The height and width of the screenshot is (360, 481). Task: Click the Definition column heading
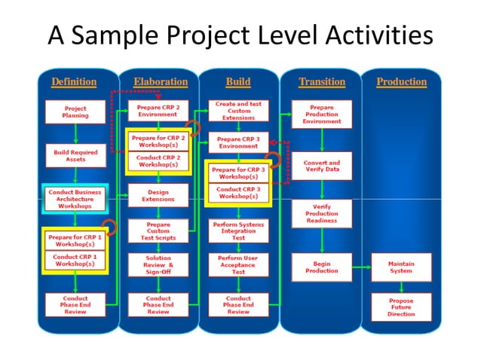click(x=74, y=81)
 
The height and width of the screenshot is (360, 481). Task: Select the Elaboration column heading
click(x=161, y=81)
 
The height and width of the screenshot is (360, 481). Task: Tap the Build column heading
click(x=238, y=81)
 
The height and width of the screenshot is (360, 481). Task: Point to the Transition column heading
click(x=321, y=81)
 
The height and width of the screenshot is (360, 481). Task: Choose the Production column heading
click(x=401, y=81)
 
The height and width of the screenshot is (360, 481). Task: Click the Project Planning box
click(x=75, y=111)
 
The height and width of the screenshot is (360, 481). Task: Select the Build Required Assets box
click(x=75, y=156)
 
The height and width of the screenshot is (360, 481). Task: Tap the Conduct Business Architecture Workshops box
click(x=75, y=199)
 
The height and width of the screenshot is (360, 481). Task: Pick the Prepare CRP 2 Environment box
click(x=158, y=111)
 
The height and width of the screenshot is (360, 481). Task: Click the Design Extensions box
click(x=158, y=196)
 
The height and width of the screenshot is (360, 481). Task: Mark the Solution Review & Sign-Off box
click(x=158, y=265)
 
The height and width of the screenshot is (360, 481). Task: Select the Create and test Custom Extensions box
click(x=238, y=111)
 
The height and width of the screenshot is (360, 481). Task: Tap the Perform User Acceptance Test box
click(x=238, y=265)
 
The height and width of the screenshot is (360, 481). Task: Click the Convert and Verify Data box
click(x=322, y=166)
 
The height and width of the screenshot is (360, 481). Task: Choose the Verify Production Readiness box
click(x=322, y=213)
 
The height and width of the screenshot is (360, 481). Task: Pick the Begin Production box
click(x=322, y=267)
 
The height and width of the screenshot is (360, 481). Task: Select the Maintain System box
click(x=401, y=267)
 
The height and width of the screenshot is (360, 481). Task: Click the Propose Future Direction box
click(x=401, y=306)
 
